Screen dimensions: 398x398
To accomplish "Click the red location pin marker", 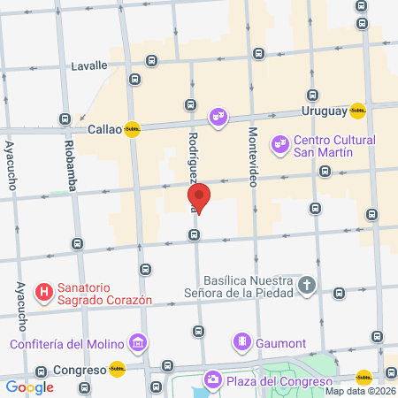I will click(x=198, y=198).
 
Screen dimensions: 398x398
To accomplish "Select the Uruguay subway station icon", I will click(x=357, y=111).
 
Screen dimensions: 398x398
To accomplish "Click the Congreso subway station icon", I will click(x=117, y=370).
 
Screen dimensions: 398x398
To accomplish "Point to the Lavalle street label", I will click(x=89, y=65).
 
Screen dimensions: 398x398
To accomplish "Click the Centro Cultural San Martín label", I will click(x=334, y=146).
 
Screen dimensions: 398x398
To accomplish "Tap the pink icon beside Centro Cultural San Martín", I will click(x=279, y=142).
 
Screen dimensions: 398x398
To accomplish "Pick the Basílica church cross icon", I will click(x=306, y=285).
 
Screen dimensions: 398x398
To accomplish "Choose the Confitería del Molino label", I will click(x=66, y=344).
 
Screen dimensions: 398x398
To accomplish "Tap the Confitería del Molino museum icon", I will click(x=137, y=342).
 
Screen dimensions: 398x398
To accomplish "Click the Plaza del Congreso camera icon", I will click(x=213, y=379).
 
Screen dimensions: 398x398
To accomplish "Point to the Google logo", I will click(x=29, y=387).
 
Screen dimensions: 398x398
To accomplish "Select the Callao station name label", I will click(x=104, y=129).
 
